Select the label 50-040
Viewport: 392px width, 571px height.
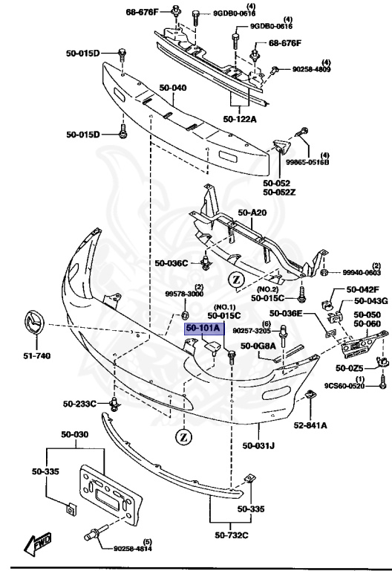pyautogui.click(x=169, y=88)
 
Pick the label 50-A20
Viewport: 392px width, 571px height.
pyautogui.click(x=251, y=213)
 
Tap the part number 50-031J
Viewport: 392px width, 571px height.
pyautogui.click(x=258, y=446)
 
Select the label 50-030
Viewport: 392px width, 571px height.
pyautogui.click(x=74, y=434)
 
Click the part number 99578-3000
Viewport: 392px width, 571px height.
pyautogui.click(x=183, y=294)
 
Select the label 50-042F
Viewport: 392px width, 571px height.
pyautogui.click(x=363, y=290)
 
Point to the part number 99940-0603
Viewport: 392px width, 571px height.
pyautogui.click(x=362, y=273)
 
